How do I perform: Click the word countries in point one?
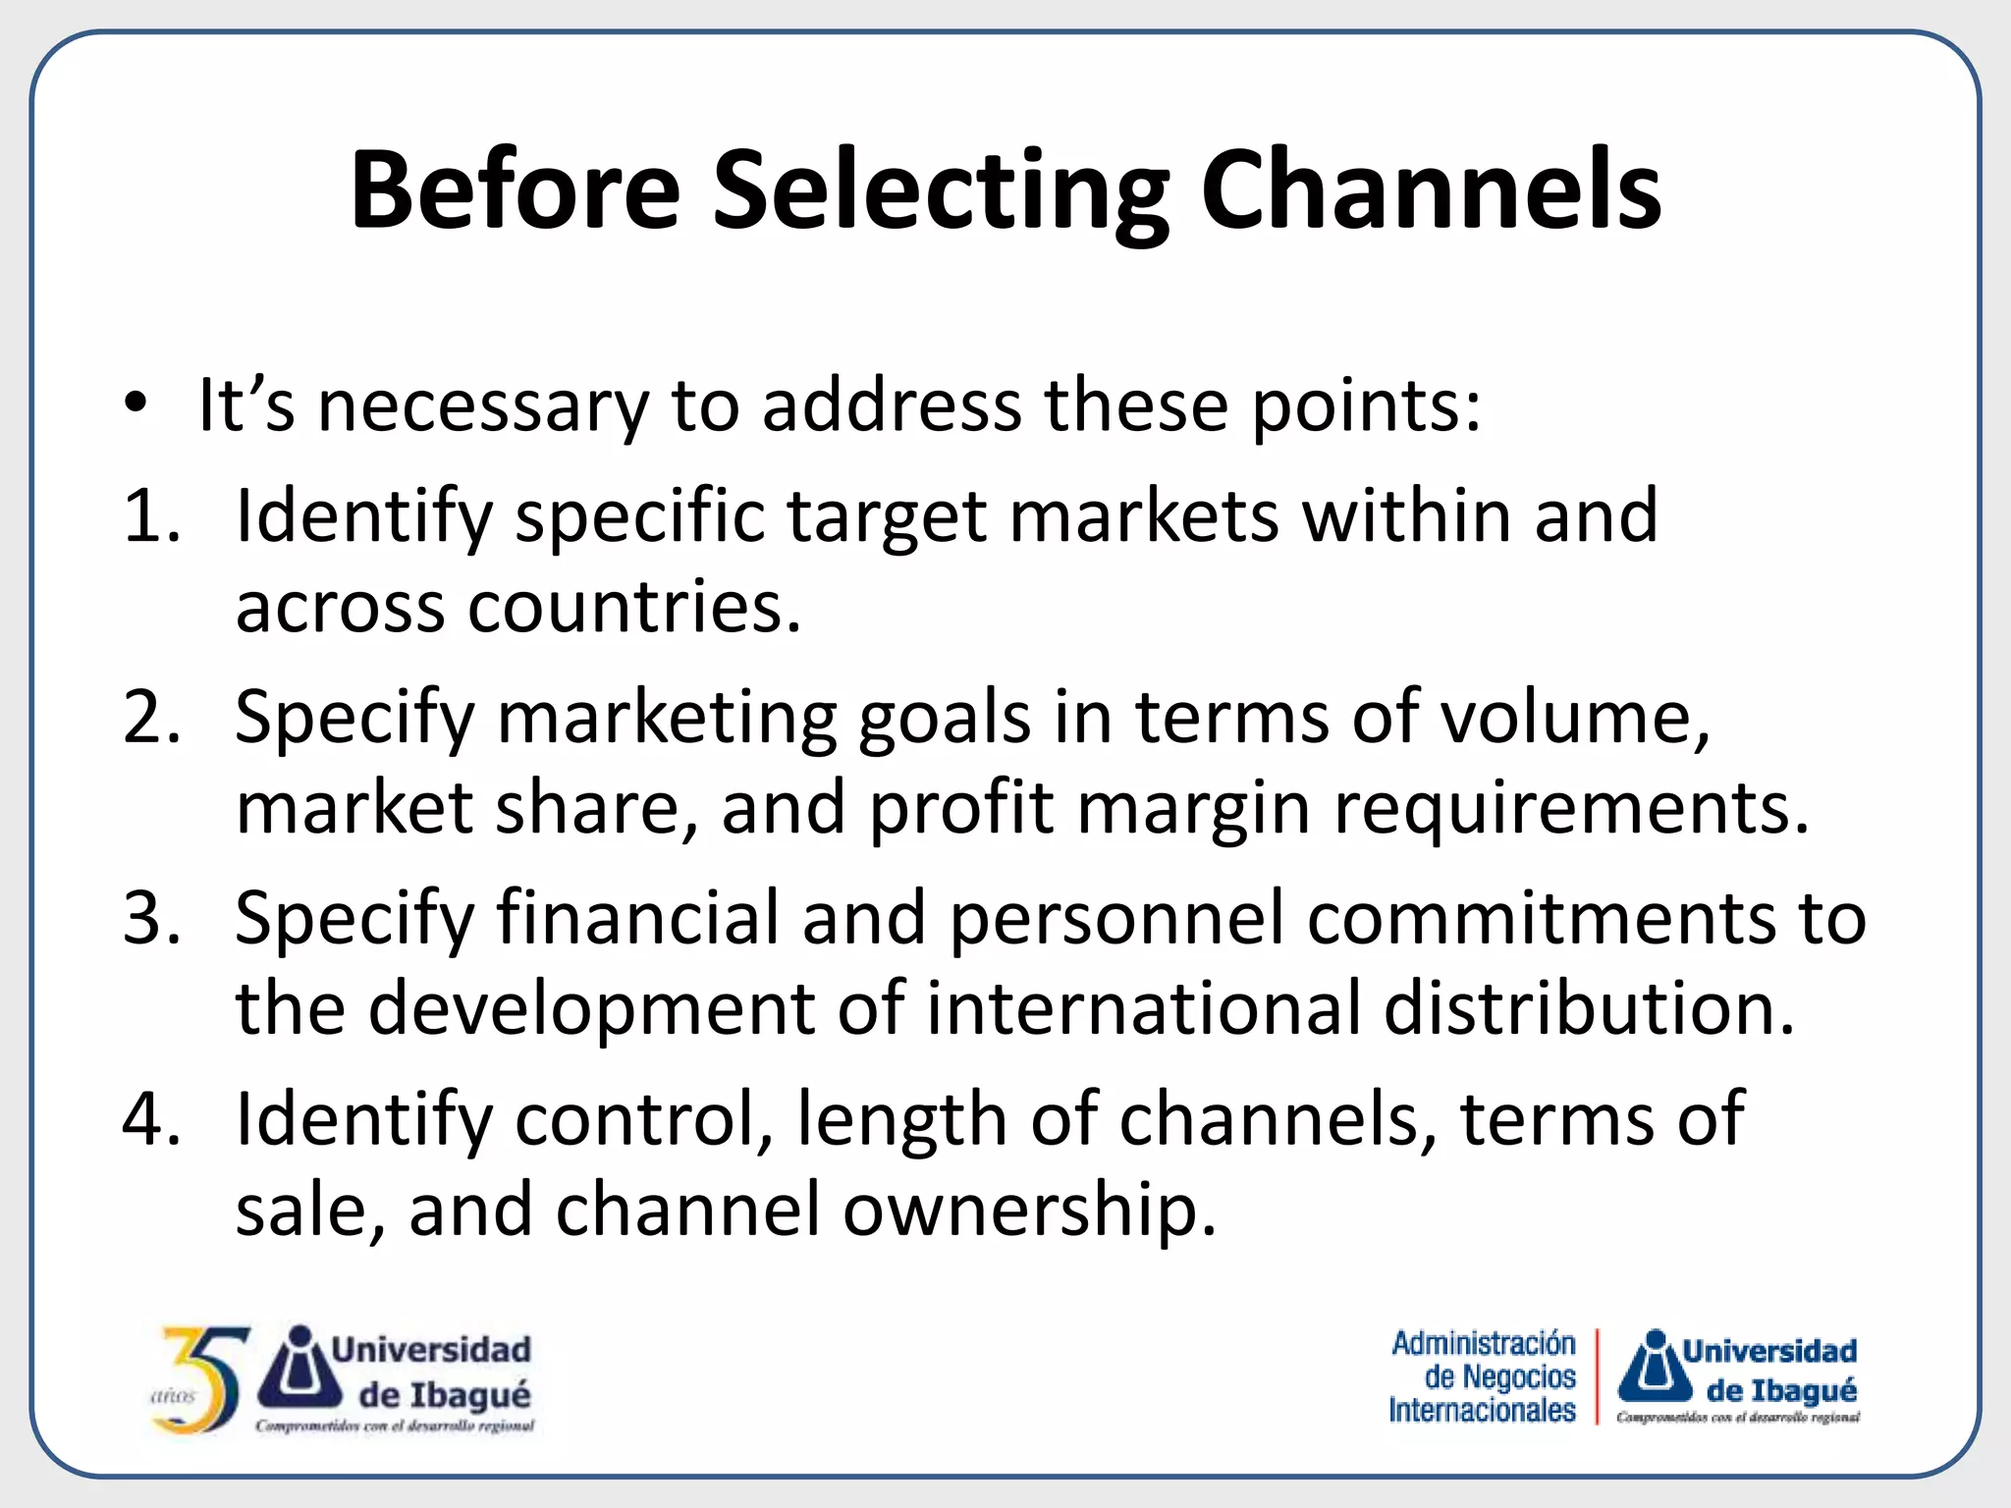pyautogui.click(x=634, y=607)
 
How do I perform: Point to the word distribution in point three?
pyautogui.click(x=1589, y=1009)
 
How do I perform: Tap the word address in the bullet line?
pyautogui.click(x=892, y=404)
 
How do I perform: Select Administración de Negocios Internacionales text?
pyautogui.click(x=1483, y=1376)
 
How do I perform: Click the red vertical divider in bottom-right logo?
pyautogui.click(x=1598, y=1376)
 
